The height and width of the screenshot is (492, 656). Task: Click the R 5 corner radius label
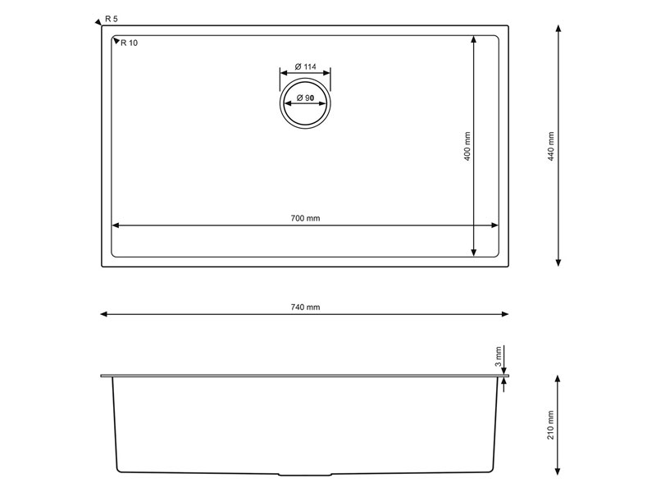click(112, 19)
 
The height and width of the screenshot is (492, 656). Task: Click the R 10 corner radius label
click(129, 43)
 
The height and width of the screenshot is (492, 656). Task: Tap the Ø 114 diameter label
click(305, 66)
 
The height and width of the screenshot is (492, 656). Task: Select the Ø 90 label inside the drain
click(305, 98)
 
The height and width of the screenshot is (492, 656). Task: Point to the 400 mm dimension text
click(467, 147)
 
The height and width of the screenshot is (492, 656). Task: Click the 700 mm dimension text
click(305, 218)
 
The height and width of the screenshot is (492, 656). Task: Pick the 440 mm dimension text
click(550, 147)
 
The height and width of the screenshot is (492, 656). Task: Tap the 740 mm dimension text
click(305, 307)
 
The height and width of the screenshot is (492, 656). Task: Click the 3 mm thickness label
click(498, 357)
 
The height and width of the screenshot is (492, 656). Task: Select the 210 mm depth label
click(550, 425)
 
